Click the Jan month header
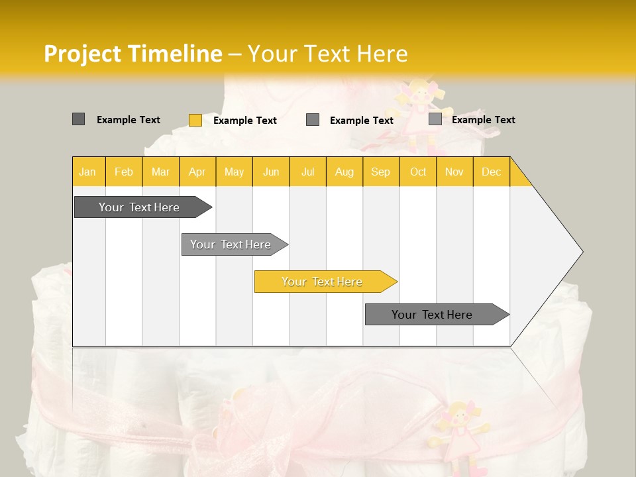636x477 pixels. coord(88,172)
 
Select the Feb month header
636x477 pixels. coord(124,172)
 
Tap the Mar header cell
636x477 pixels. coord(160,172)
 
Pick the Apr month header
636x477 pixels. coord(197,172)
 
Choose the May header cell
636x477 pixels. coord(234,172)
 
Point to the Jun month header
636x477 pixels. coord(271,172)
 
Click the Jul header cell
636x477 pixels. coord(307,172)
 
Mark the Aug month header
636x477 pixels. coord(344,172)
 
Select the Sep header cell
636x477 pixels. coord(381,172)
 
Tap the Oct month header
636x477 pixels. coord(418,172)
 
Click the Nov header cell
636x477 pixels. coord(454,172)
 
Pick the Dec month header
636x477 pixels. coord(491,172)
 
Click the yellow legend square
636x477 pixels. coord(195,120)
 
